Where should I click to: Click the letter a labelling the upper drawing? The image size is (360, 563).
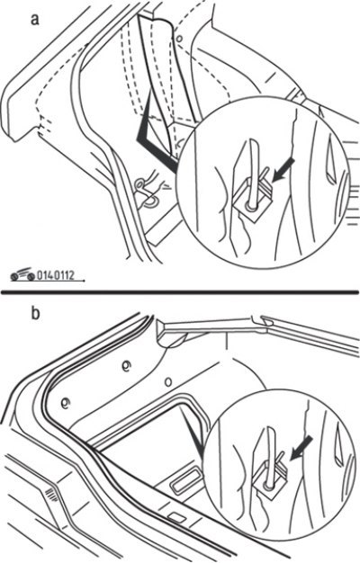coord(34,20)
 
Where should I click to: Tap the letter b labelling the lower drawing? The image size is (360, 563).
coord(35,313)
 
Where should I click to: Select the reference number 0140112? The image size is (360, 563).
coord(56,276)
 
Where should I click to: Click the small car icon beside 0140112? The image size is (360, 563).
coord(23,275)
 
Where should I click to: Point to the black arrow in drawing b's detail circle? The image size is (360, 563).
coord(301,447)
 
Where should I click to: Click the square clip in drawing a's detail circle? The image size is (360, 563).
coord(251,202)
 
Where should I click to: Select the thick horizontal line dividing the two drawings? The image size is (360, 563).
coord(180,291)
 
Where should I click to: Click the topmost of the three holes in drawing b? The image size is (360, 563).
coord(127,365)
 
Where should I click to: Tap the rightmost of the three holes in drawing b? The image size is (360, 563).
coord(168,381)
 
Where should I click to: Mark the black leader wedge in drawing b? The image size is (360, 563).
coord(194,433)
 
